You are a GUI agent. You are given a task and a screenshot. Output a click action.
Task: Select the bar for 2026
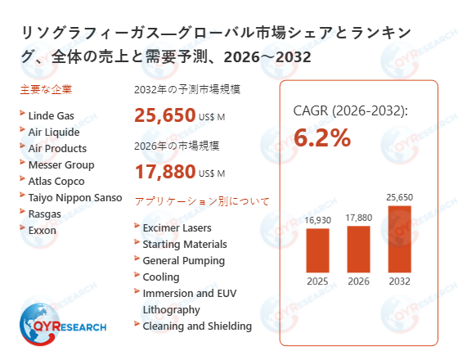click(358, 249)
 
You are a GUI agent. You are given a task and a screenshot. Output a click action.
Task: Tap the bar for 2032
click(399, 239)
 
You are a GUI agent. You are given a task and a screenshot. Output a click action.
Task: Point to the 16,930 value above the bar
click(317, 219)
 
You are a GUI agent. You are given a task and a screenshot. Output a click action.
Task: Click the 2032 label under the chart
click(399, 283)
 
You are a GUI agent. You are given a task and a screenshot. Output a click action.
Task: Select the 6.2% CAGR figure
click(322, 138)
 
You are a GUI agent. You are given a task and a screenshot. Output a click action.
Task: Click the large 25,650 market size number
click(164, 115)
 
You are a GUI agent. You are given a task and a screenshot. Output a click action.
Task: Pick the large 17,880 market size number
click(164, 171)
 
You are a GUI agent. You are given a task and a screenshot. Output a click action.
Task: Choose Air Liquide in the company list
click(54, 132)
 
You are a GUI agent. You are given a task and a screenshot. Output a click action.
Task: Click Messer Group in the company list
click(61, 164)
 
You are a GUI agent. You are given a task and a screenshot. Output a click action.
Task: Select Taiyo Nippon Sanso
click(74, 197)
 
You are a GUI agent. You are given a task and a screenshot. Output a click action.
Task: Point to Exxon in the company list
click(43, 230)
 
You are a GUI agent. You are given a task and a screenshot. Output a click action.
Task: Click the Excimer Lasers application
click(176, 227)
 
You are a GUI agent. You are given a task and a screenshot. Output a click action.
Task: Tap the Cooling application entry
click(160, 277)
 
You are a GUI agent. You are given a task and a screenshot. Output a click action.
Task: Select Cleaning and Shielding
click(196, 326)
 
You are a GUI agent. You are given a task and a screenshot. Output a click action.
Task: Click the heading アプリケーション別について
click(201, 201)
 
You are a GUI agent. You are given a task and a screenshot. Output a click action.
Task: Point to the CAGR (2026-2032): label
click(350, 110)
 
